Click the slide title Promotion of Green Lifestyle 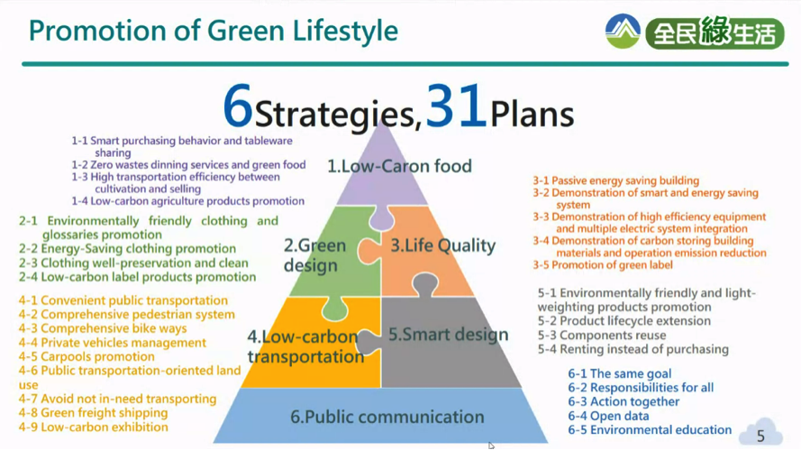coord(213,31)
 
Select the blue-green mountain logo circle coord(623,32)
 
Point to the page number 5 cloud coord(760,434)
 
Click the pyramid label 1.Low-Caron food coord(399,166)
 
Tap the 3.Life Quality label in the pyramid coord(443,245)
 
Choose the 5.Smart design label coord(449,335)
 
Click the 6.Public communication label coord(387,417)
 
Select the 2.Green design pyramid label coord(314,255)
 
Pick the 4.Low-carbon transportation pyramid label coord(305,346)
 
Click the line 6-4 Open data coord(608,416)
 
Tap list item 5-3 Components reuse coord(602,335)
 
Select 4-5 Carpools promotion coord(86,356)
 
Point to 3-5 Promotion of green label coord(603,265)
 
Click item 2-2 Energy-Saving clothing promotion coord(127,249)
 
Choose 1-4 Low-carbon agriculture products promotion coord(187,201)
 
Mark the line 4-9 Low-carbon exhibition coord(93,427)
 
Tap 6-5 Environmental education coord(650,430)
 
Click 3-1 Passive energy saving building coord(616,180)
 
